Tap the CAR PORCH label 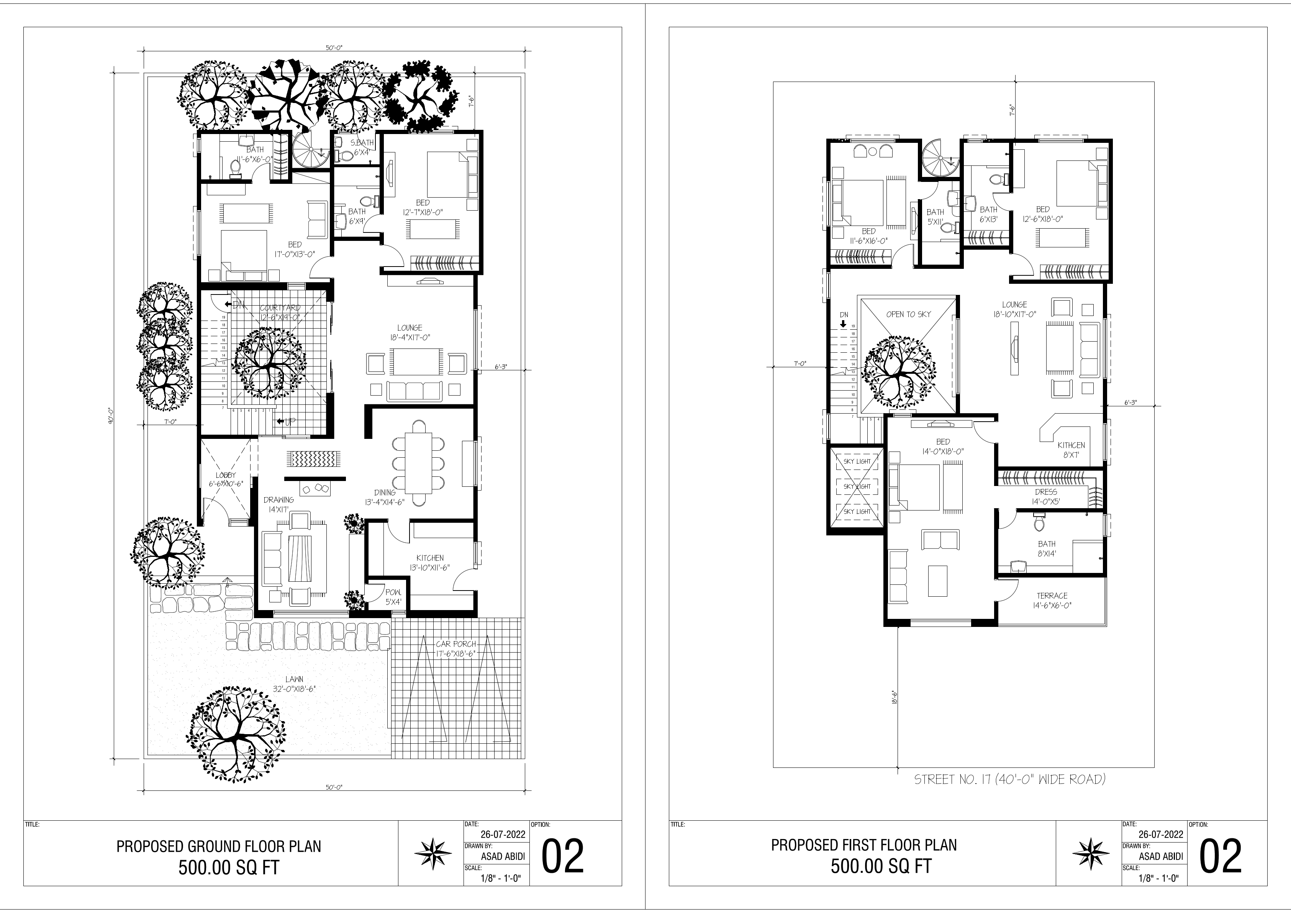tap(456, 644)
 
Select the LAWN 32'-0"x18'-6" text tap(294, 684)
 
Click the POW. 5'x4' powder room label tap(393, 597)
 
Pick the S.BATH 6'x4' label tap(362, 147)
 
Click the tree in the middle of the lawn tap(239, 731)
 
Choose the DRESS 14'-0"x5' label tap(1046, 496)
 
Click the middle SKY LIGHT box tap(857, 486)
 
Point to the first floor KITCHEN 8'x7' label tap(1071, 450)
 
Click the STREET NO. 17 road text tap(1009, 779)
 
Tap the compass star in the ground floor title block tap(433, 853)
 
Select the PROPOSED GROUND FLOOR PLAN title tap(219, 846)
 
